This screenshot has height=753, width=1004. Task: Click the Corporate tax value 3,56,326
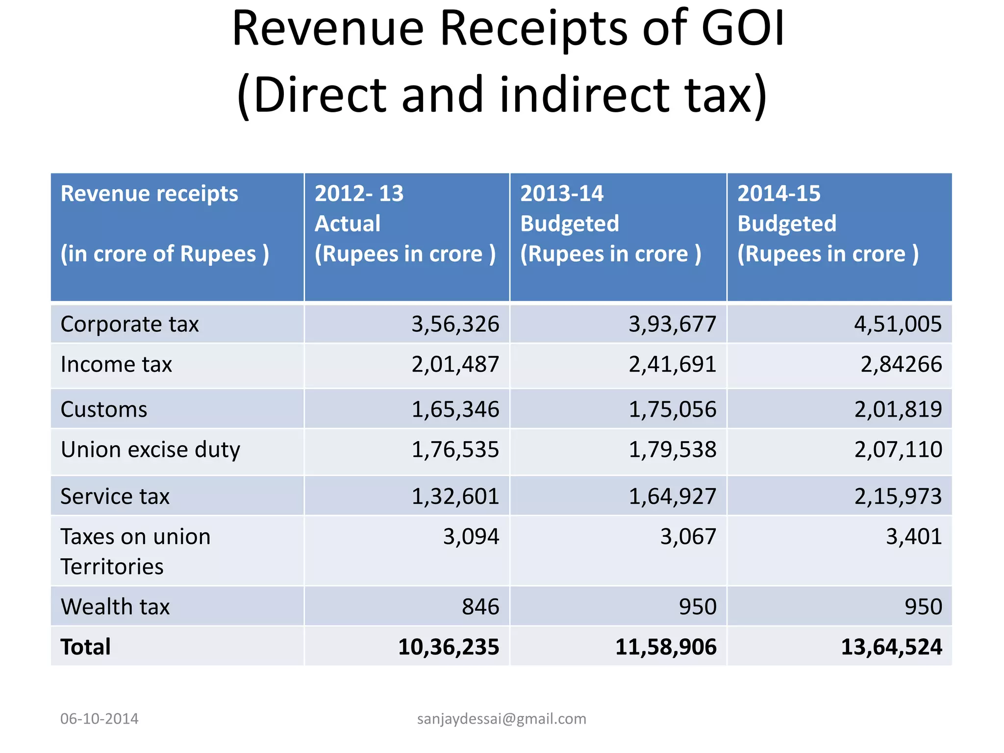[x=455, y=325]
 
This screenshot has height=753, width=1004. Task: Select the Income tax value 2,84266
[x=901, y=365]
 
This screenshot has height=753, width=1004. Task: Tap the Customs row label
[x=104, y=409]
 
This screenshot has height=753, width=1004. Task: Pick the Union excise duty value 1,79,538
[x=672, y=450]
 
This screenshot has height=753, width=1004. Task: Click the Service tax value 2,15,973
[x=898, y=497]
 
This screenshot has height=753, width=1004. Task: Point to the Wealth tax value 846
[x=480, y=607]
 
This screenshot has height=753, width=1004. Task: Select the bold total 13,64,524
[x=891, y=647]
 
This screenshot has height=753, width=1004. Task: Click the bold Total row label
[x=86, y=647]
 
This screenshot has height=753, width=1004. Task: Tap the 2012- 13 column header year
[x=359, y=194]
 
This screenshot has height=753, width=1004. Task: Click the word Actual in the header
[x=347, y=224]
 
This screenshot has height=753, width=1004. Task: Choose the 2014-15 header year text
[x=778, y=194]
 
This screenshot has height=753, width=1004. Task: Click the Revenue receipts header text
[x=149, y=194]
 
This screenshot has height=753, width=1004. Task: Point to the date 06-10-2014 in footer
[x=99, y=719]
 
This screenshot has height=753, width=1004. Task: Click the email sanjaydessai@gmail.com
[x=502, y=719]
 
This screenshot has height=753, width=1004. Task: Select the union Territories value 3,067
[x=688, y=537]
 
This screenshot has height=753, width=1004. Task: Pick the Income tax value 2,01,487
[x=455, y=365]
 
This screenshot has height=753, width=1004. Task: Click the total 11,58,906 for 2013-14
[x=666, y=647]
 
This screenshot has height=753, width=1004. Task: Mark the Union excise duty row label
[x=151, y=450]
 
